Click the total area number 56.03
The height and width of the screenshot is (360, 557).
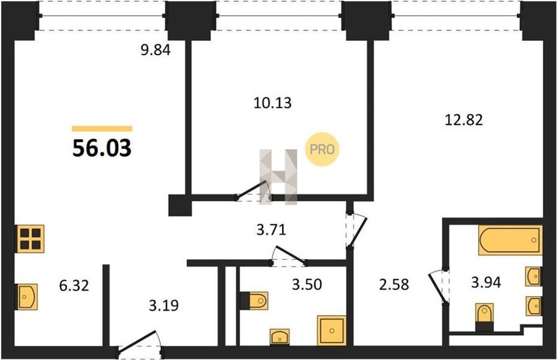[x=102, y=148]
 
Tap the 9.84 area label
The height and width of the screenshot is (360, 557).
[x=155, y=50]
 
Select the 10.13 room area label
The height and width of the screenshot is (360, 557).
[x=272, y=103]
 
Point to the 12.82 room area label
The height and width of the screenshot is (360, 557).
[x=464, y=120]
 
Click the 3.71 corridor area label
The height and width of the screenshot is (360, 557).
[x=271, y=230]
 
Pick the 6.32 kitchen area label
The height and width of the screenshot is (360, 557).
[x=74, y=285]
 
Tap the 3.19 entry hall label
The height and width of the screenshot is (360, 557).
[x=163, y=305]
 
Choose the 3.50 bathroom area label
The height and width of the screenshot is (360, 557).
[x=307, y=285]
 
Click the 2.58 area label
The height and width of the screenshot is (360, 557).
[x=394, y=285]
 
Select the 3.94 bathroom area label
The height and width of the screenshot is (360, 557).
[x=486, y=283]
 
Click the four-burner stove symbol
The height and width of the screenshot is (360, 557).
[x=30, y=239]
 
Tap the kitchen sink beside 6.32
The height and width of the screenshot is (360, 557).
[x=26, y=297]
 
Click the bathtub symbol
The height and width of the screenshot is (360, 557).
[x=511, y=240]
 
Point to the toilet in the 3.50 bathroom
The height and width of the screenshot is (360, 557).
[x=254, y=301]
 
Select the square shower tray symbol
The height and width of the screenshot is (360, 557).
[x=332, y=330]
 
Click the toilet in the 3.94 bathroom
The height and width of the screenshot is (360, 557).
[x=485, y=317]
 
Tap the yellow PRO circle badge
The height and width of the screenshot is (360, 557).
[x=322, y=150]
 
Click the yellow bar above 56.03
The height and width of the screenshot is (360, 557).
[x=102, y=129]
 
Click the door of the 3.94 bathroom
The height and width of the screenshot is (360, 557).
[x=436, y=288]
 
